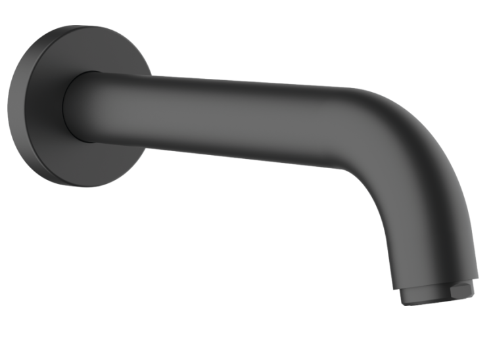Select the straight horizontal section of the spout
(230, 118)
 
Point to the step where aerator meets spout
(434, 281)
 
